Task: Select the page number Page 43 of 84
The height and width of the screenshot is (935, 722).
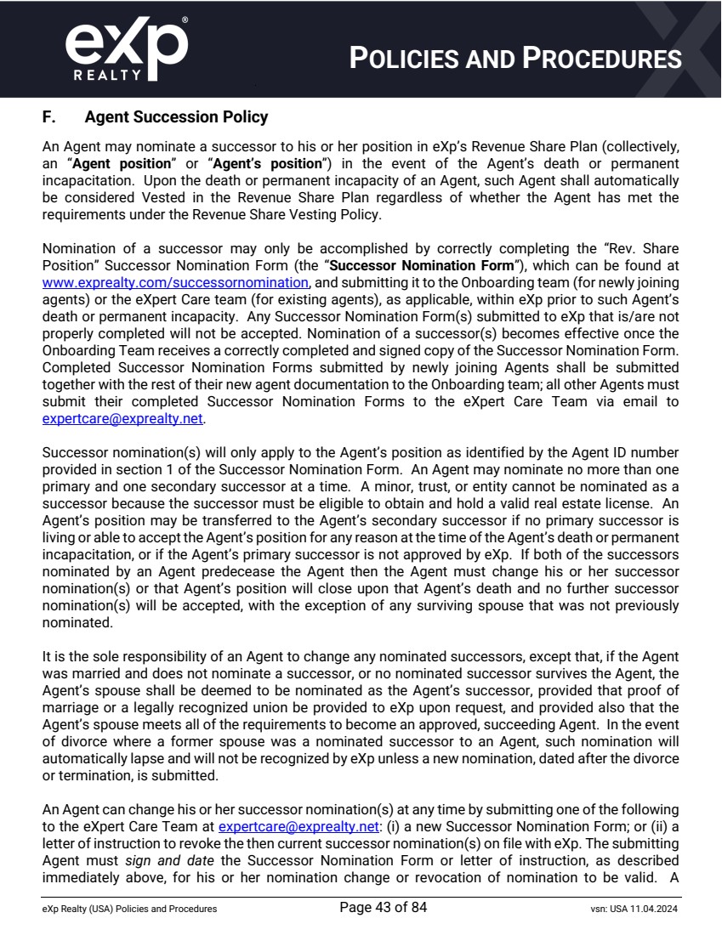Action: tap(383, 909)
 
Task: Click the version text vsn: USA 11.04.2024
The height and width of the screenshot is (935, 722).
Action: tap(628, 909)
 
